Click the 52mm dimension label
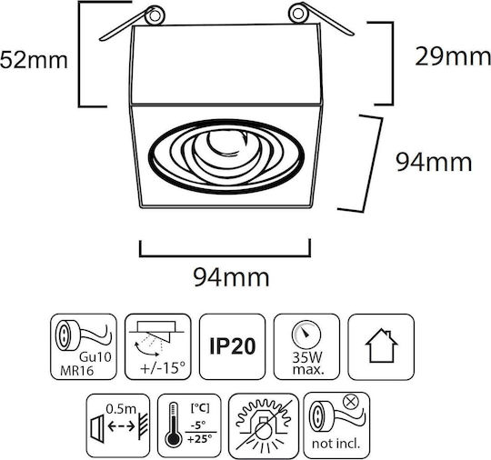point(34,60)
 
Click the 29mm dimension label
point(453,56)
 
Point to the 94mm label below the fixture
point(231,277)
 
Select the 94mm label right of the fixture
point(434,162)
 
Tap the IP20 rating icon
point(233,346)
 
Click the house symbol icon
point(381,346)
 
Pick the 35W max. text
point(307,364)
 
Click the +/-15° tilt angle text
point(163,367)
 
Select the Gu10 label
point(95,357)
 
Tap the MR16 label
point(77,371)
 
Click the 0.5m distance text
point(121,409)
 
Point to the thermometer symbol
point(173,425)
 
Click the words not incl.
point(336,444)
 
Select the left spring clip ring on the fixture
point(155,15)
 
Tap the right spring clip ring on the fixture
point(298,13)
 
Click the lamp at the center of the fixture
point(226,143)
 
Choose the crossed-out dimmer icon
point(264,425)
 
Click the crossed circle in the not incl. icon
point(350,401)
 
